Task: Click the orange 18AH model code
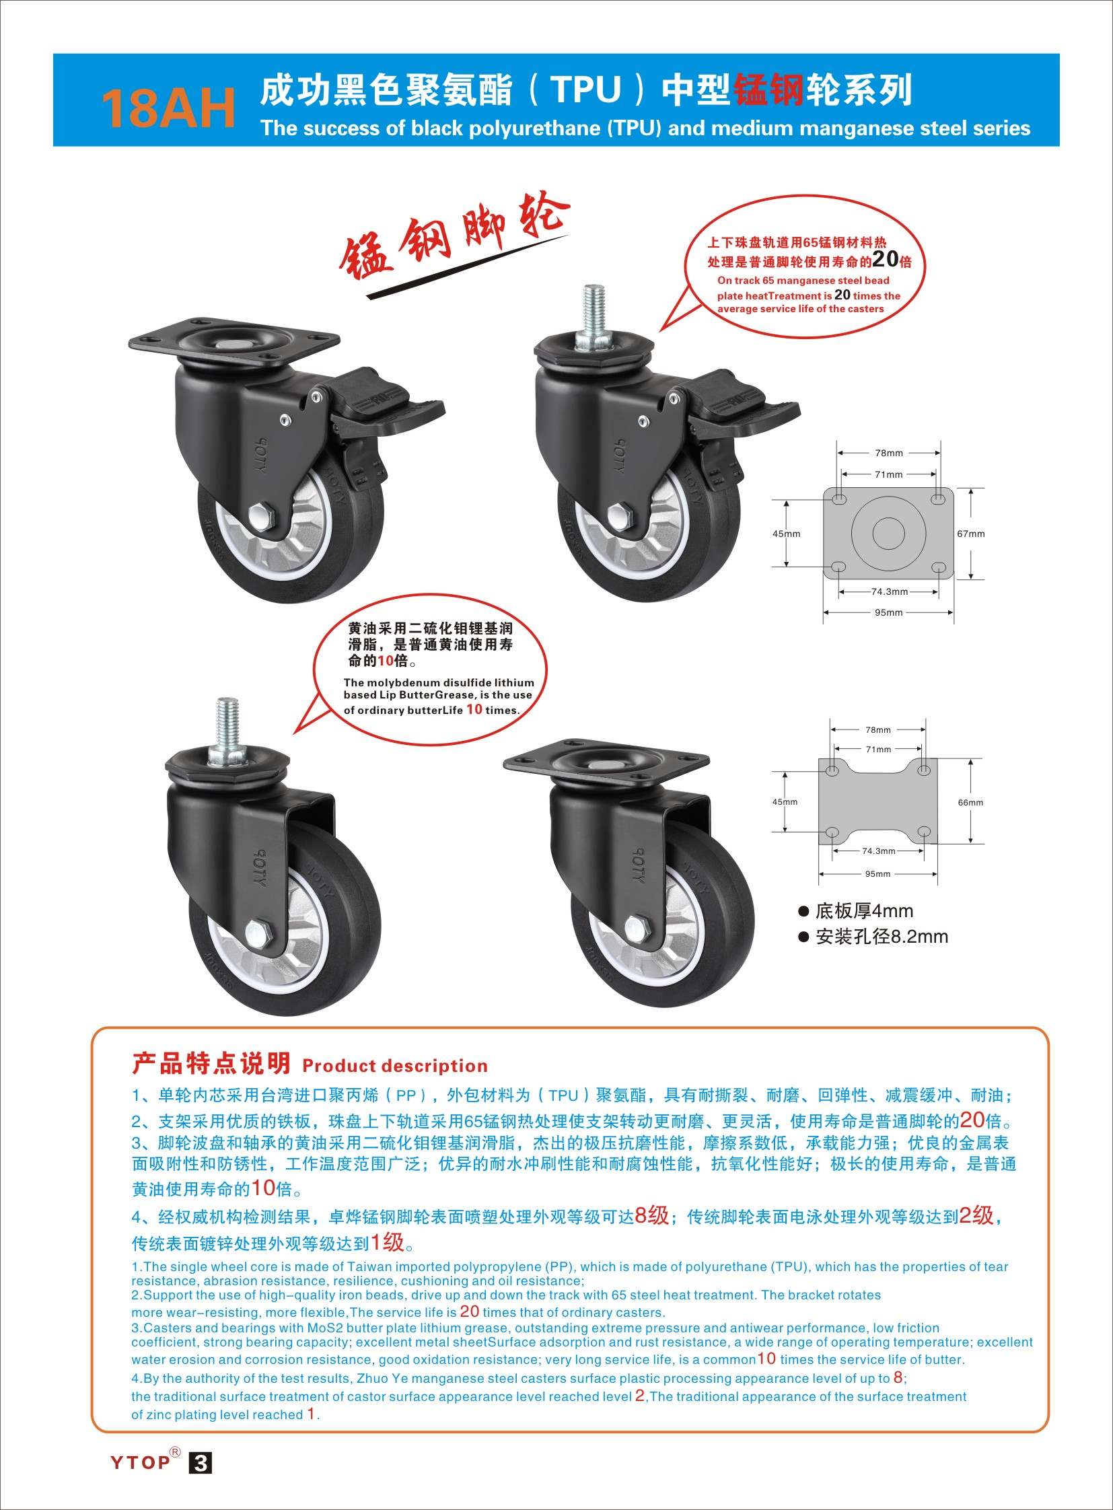[168, 108]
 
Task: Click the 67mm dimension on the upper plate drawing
[971, 534]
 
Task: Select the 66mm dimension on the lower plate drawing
[971, 803]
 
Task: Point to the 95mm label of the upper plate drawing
[889, 612]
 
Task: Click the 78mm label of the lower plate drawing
[878, 729]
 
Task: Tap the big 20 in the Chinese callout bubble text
[886, 260]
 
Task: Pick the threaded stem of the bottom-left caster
[227, 730]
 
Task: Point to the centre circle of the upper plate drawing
[888, 534]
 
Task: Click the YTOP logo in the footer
[141, 1462]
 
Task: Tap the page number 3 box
[200, 1463]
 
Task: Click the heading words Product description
[395, 1066]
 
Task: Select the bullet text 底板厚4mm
[865, 911]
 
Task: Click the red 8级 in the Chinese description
[651, 1215]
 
